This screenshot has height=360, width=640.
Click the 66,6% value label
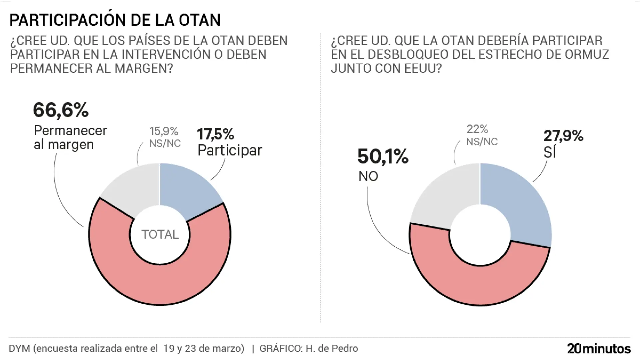pyautogui.click(x=61, y=110)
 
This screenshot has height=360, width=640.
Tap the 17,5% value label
pyautogui.click(x=215, y=134)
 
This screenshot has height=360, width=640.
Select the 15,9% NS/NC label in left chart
pyautogui.click(x=164, y=137)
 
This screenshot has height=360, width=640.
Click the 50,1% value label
pyautogui.click(x=383, y=156)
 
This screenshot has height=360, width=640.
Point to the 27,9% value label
pyautogui.click(x=563, y=136)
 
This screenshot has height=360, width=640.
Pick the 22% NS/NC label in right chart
pyautogui.click(x=481, y=135)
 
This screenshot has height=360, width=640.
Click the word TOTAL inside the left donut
pyautogui.click(x=160, y=234)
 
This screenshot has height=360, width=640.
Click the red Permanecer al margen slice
pyautogui.click(x=160, y=283)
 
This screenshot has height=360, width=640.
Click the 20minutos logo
pyautogui.click(x=599, y=348)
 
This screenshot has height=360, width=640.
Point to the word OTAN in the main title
pyautogui.click(x=200, y=20)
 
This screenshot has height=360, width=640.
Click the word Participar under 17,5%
pyautogui.click(x=230, y=150)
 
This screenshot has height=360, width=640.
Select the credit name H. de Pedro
pyautogui.click(x=332, y=348)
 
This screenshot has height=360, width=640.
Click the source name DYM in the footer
pyautogui.click(x=19, y=348)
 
